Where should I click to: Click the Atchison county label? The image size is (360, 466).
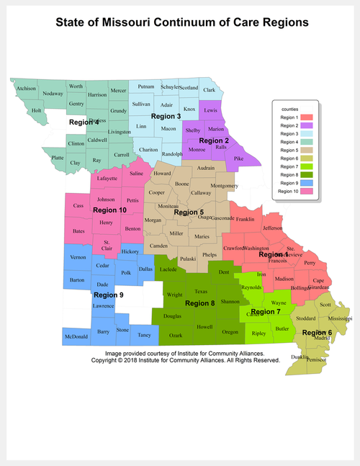point(27,89)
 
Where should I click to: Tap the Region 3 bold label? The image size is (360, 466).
point(166,116)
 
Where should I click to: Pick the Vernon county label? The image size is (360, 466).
point(77,257)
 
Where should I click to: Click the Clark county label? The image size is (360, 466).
point(209,90)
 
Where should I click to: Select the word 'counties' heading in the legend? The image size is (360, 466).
point(289,108)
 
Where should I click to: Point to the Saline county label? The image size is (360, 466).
point(136,173)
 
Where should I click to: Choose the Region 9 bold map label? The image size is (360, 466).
point(109,295)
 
